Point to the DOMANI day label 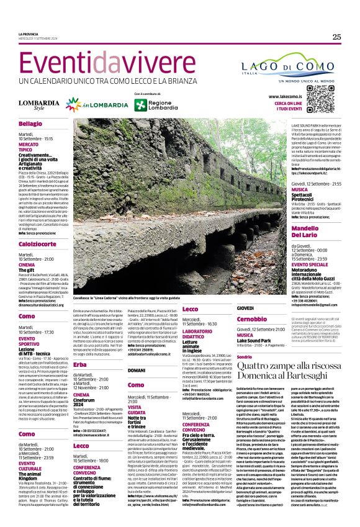(136, 371)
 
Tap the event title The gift (27, 271)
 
